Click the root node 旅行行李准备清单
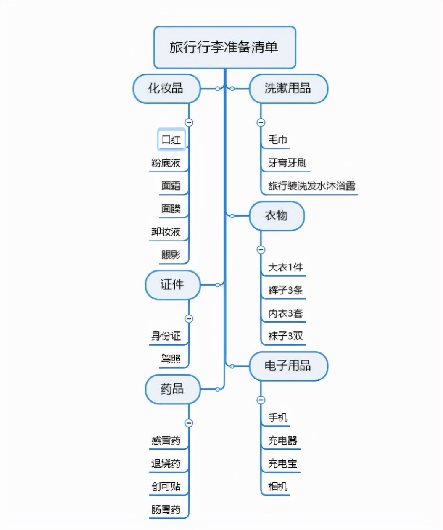(x=224, y=47)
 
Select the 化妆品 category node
(x=166, y=88)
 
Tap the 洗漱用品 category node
(x=288, y=88)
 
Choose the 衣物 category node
(x=276, y=216)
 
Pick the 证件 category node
(x=172, y=285)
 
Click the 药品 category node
(x=172, y=389)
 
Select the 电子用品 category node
(x=288, y=366)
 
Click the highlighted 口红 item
(x=171, y=140)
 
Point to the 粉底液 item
(x=166, y=163)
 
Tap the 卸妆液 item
(x=166, y=232)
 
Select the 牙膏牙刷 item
(x=287, y=163)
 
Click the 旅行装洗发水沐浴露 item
(x=311, y=186)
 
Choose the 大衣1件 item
(x=285, y=268)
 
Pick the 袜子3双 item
(x=285, y=336)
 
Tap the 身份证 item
(x=166, y=336)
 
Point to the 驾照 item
(x=171, y=359)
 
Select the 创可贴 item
(x=166, y=487)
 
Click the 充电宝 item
(x=282, y=464)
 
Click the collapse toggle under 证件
(x=189, y=319)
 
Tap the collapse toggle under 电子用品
(x=261, y=400)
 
